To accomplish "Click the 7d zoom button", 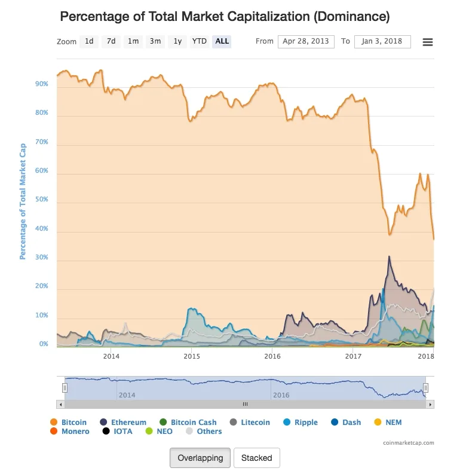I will click(111, 42).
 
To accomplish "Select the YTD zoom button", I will click(199, 42).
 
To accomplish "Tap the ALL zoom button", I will click(222, 42).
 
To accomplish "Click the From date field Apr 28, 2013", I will click(306, 42).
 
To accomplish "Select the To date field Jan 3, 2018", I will click(382, 42).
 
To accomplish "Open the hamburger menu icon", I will click(428, 42).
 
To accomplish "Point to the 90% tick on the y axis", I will click(42, 85).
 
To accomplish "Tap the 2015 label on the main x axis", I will click(192, 357).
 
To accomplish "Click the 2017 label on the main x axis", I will click(353, 357).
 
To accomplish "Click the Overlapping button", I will click(200, 458).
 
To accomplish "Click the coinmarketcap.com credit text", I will click(409, 443).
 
